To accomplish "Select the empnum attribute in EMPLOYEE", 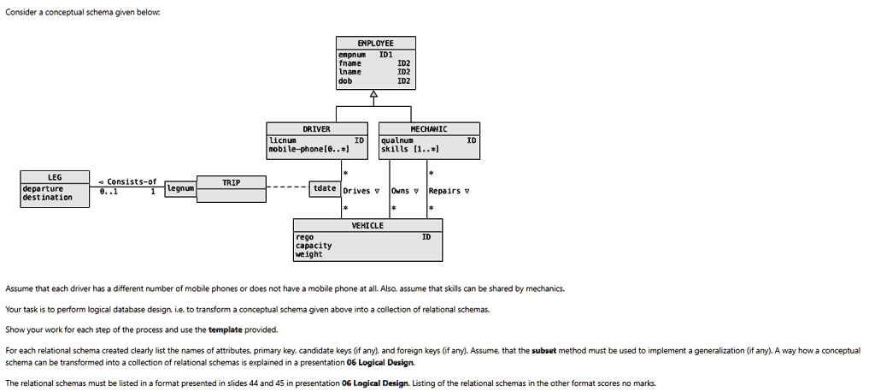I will pyautogui.click(x=350, y=54).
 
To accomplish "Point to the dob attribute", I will pyautogui.click(x=345, y=81).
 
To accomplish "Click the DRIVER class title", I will pyautogui.click(x=316, y=129).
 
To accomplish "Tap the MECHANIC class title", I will pyautogui.click(x=430, y=129).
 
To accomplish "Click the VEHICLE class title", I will pyautogui.click(x=367, y=226).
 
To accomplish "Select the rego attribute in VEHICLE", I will pyautogui.click(x=304, y=236).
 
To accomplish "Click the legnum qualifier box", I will pyautogui.click(x=180, y=187).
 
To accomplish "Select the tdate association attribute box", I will pyautogui.click(x=325, y=188).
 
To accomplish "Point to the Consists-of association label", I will pyautogui.click(x=129, y=181).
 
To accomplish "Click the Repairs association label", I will pyautogui.click(x=446, y=191).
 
